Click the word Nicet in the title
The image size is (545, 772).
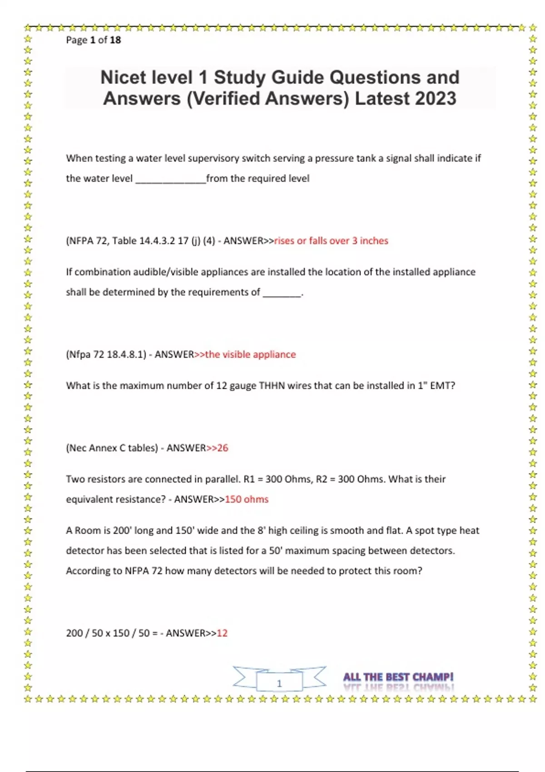(x=123, y=78)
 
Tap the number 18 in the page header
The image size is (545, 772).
(x=115, y=40)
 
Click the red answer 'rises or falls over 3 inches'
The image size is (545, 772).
(x=331, y=241)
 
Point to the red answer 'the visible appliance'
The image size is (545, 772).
(x=250, y=354)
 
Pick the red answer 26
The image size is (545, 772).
(x=223, y=448)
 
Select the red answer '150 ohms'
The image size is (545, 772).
(x=247, y=499)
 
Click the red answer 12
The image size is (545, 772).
(x=222, y=633)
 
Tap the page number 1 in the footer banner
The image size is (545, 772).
(x=279, y=683)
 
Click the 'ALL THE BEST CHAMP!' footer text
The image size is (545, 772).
(x=398, y=677)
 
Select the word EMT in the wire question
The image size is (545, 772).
(x=440, y=386)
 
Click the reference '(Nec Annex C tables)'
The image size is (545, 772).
(x=112, y=448)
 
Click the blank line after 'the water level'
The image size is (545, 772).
(x=171, y=180)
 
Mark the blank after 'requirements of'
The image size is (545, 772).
(x=282, y=293)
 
